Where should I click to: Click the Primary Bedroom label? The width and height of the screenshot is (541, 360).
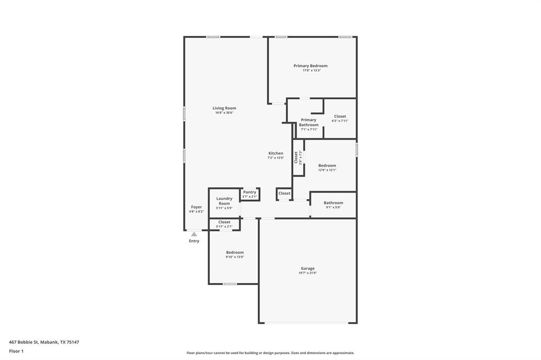[311, 66]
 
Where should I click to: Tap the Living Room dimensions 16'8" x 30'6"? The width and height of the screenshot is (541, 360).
[224, 112]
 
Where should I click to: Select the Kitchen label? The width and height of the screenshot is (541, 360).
[275, 153]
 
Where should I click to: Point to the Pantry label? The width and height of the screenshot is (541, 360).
[249, 192]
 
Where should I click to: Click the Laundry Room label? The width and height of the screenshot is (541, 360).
[224, 201]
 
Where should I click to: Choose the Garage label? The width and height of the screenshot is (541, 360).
[307, 268]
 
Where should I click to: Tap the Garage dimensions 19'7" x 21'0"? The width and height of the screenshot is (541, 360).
[307, 273]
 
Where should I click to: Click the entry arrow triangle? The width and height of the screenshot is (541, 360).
[194, 234]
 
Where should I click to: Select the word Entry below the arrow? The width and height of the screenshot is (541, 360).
[194, 241]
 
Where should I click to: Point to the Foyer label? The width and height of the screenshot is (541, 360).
[196, 207]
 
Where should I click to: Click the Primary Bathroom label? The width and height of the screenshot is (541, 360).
[309, 122]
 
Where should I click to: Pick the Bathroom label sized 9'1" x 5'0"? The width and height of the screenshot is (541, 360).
[333, 203]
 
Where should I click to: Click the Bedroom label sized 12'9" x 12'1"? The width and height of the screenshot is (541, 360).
[327, 166]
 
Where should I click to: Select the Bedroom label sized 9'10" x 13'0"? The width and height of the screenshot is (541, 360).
[235, 252]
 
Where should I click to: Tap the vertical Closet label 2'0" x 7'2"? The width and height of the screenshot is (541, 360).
[296, 157]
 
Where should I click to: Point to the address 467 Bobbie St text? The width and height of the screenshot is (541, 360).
[44, 342]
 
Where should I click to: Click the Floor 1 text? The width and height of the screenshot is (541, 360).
[16, 350]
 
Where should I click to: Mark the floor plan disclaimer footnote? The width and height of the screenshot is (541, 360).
[270, 353]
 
